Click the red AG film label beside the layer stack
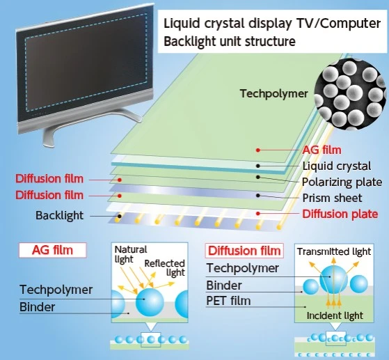tap(321, 150)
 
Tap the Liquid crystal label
tap(337, 166)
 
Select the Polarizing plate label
tap(342, 182)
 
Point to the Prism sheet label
tap(332, 198)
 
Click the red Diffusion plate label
tap(340, 214)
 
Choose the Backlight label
tap(59, 215)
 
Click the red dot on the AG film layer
tap(258, 150)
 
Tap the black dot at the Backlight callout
tap(119, 217)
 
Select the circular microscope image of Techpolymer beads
tap(350, 95)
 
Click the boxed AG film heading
tap(53, 250)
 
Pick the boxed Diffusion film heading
tap(244, 251)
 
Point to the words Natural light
tap(131, 254)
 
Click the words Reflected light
tap(165, 268)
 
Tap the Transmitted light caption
tap(334, 251)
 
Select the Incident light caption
tap(335, 315)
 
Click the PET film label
tap(228, 301)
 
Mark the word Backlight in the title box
tap(190, 41)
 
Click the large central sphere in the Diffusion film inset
tap(333, 280)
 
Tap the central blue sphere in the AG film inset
tap(150, 302)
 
